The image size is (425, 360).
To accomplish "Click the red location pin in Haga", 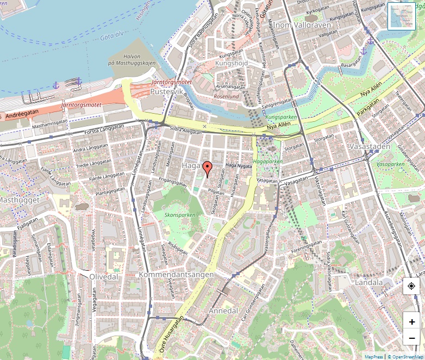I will [207, 169].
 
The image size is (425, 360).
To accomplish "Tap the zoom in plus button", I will [412, 322].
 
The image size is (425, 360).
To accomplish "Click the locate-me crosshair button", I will [411, 286].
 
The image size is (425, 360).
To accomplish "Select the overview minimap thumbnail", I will [402, 16].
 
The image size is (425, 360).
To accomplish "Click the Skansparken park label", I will [180, 215].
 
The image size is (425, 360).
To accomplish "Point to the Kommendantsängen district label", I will [177, 275].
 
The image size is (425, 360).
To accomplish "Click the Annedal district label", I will [223, 311].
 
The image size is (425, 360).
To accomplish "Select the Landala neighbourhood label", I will [368, 283].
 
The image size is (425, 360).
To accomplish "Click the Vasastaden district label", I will [371, 147].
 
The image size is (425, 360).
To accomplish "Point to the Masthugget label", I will [19, 200].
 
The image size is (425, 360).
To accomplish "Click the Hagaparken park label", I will [268, 162].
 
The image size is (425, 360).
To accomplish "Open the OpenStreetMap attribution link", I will [404, 357].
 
